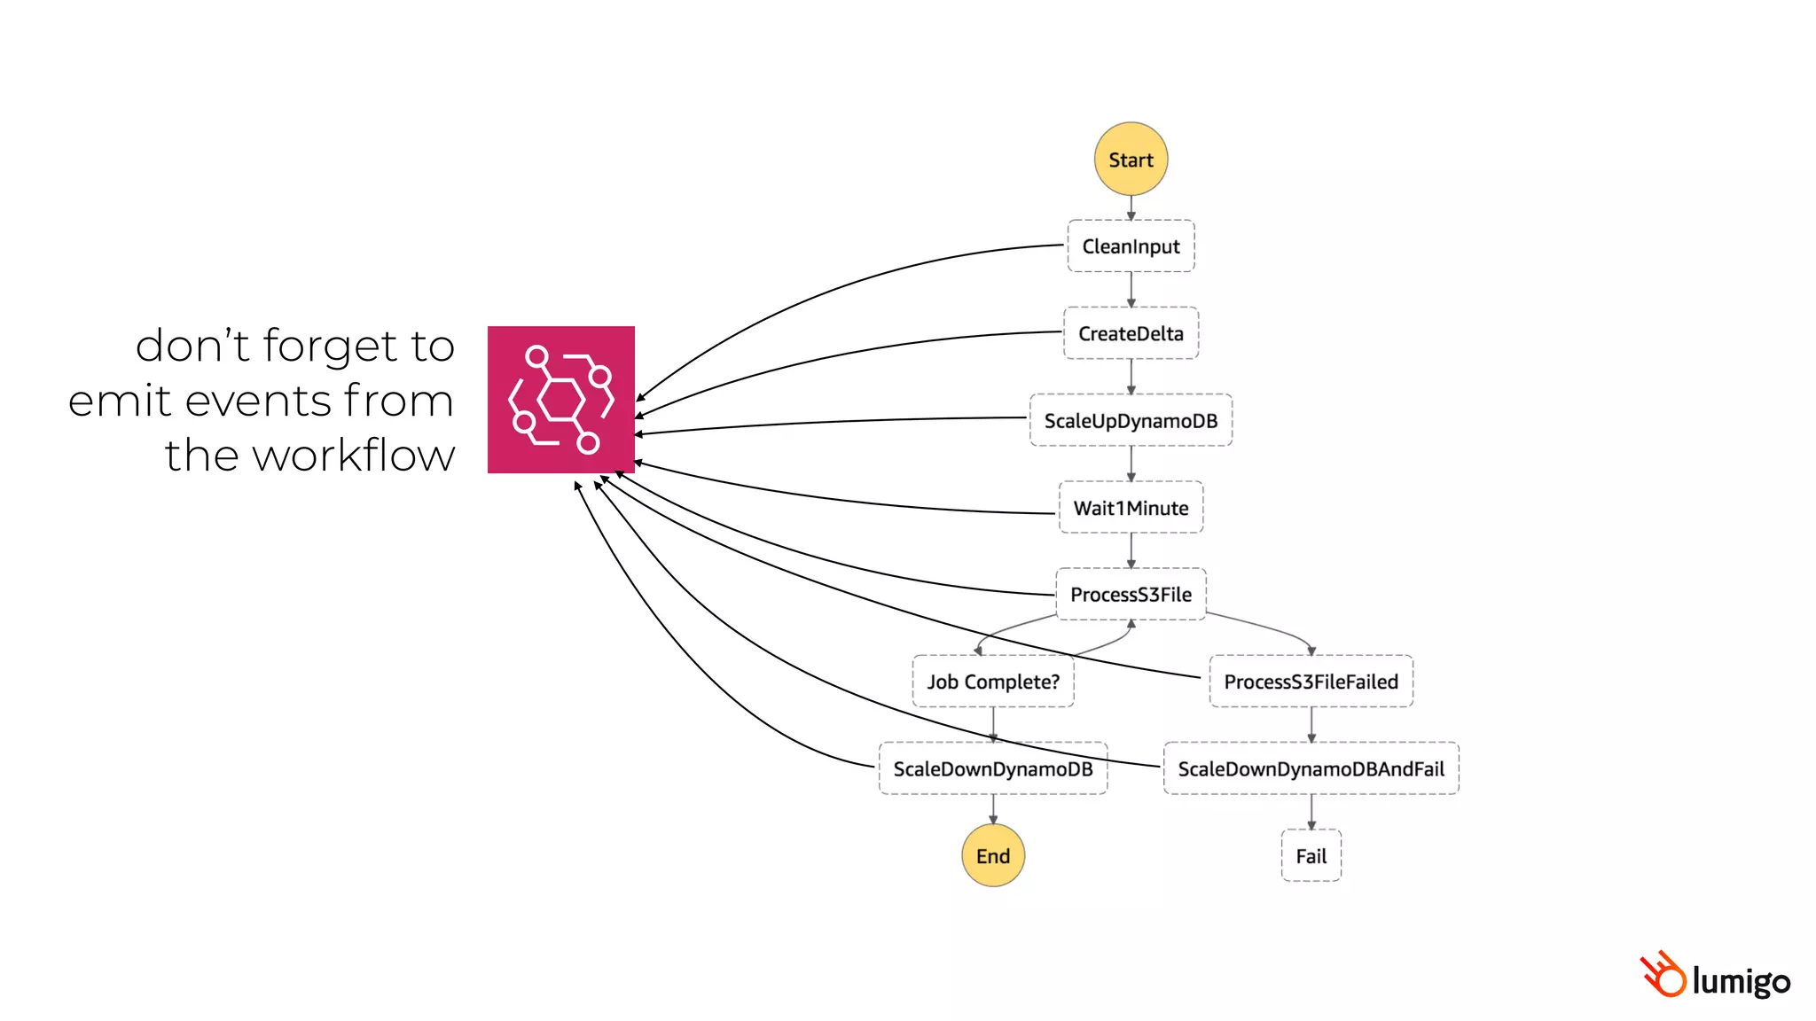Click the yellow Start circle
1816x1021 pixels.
1131,160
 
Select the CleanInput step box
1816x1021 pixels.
1131,246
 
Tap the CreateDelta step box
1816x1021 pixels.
1131,333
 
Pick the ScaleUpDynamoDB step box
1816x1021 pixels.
1131,420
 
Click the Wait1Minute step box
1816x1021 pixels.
1131,508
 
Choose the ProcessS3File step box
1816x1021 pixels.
1131,594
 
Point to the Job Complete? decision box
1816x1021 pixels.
993,682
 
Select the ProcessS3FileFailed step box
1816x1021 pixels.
1311,682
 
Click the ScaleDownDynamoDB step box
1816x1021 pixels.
993,768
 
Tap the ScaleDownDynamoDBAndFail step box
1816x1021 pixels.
1311,768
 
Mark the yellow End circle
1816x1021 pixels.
993,855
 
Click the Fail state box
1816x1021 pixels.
1311,855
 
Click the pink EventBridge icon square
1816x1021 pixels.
561,400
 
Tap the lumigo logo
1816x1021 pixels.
1715,978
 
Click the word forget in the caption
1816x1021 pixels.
327,347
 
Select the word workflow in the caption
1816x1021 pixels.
354,456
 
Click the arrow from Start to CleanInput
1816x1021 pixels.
1131,207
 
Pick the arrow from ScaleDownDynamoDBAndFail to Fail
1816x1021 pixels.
1311,812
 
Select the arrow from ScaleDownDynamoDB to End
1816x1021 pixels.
993,809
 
